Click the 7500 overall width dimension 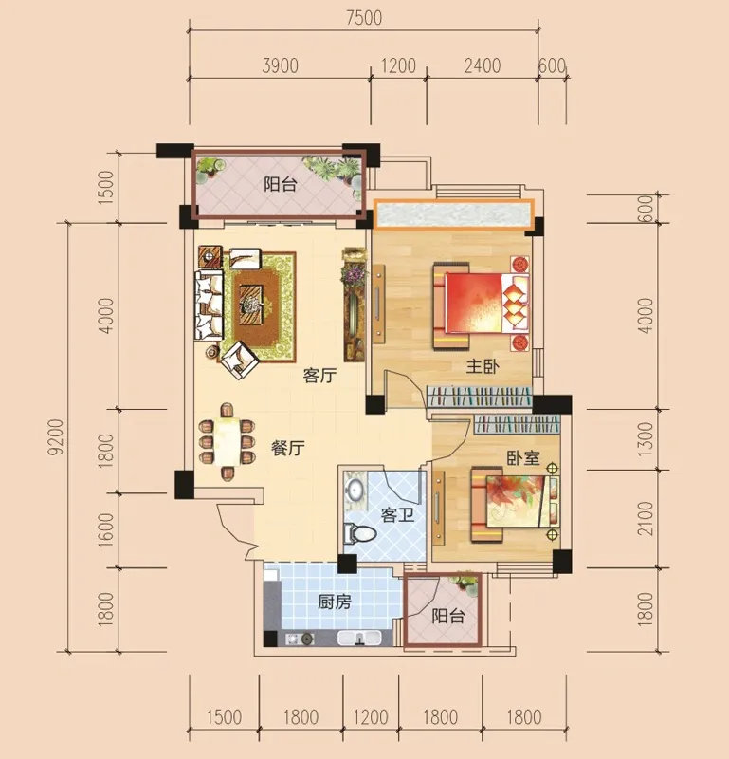click(364, 18)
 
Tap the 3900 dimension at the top click(280, 65)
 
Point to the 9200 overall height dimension click(56, 437)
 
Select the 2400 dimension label click(483, 65)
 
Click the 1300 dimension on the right click(646, 439)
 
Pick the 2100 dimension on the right click(646, 518)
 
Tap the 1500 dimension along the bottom click(224, 717)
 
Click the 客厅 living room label click(319, 375)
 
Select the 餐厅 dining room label click(288, 448)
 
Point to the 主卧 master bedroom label click(483, 366)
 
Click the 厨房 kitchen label click(335, 602)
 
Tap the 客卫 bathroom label click(397, 514)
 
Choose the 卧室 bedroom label click(523, 457)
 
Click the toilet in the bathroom click(359, 534)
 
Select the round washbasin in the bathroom click(355, 490)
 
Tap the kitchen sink click(359, 639)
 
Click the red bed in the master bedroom click(482, 304)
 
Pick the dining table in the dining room click(227, 441)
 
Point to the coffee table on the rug click(251, 305)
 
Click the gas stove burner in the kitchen click(306, 639)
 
